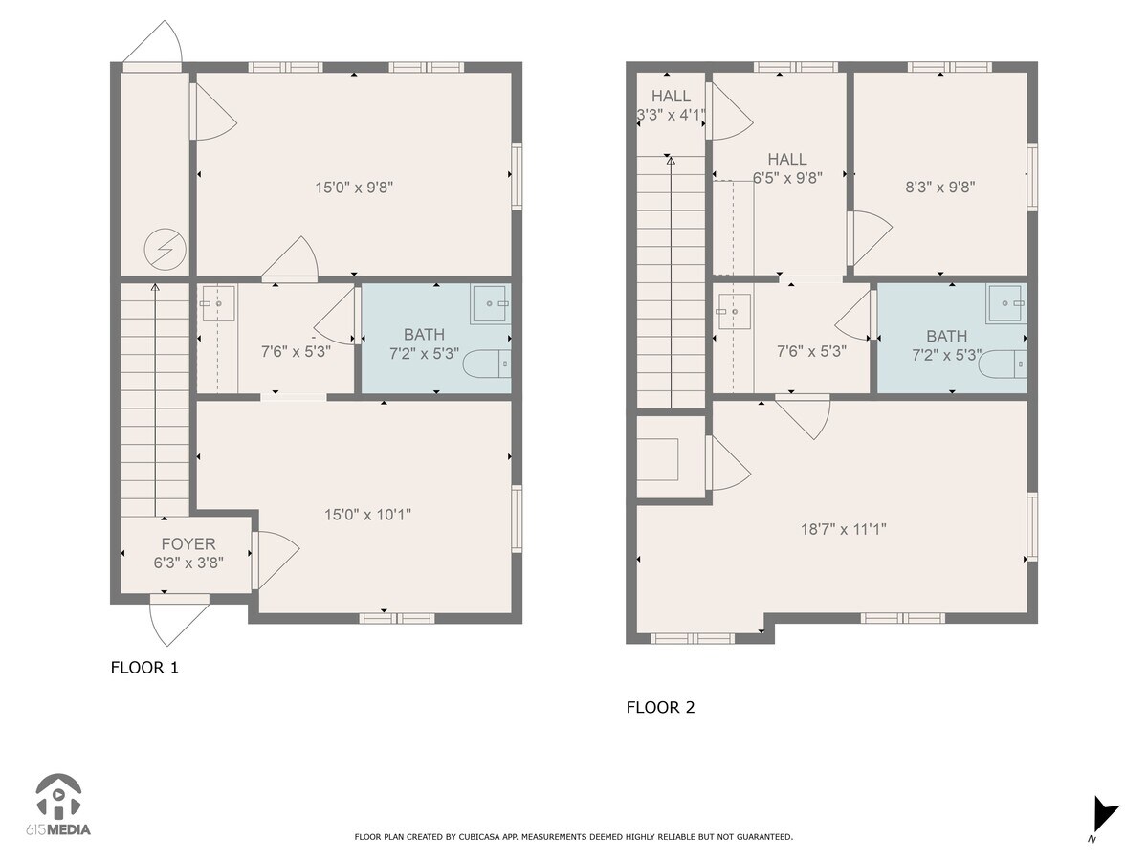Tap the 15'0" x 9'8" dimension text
point(354,188)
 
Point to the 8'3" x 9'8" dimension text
point(939,188)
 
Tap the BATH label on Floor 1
point(424,335)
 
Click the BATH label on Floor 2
point(946,337)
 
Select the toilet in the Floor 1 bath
point(487,364)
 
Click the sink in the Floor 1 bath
point(490,303)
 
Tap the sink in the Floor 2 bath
point(1006,304)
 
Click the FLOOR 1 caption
point(144,668)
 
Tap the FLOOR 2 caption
point(660,708)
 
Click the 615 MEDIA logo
point(58,806)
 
